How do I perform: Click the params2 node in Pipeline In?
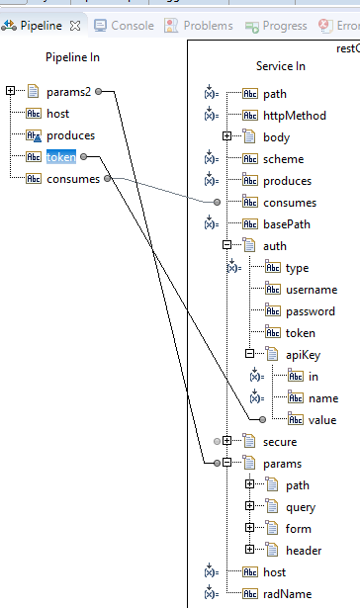(67, 92)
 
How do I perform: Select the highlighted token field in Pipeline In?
(61, 157)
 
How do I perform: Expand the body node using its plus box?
(226, 137)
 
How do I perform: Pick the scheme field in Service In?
(283, 159)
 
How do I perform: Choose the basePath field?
(288, 224)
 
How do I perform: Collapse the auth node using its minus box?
(226, 246)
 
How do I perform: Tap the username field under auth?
(311, 290)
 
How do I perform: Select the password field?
(310, 311)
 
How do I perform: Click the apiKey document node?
(303, 355)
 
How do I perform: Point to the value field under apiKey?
(322, 420)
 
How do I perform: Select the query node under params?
(301, 507)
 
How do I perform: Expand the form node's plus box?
(250, 529)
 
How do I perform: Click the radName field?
(287, 594)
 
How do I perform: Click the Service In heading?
(281, 66)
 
